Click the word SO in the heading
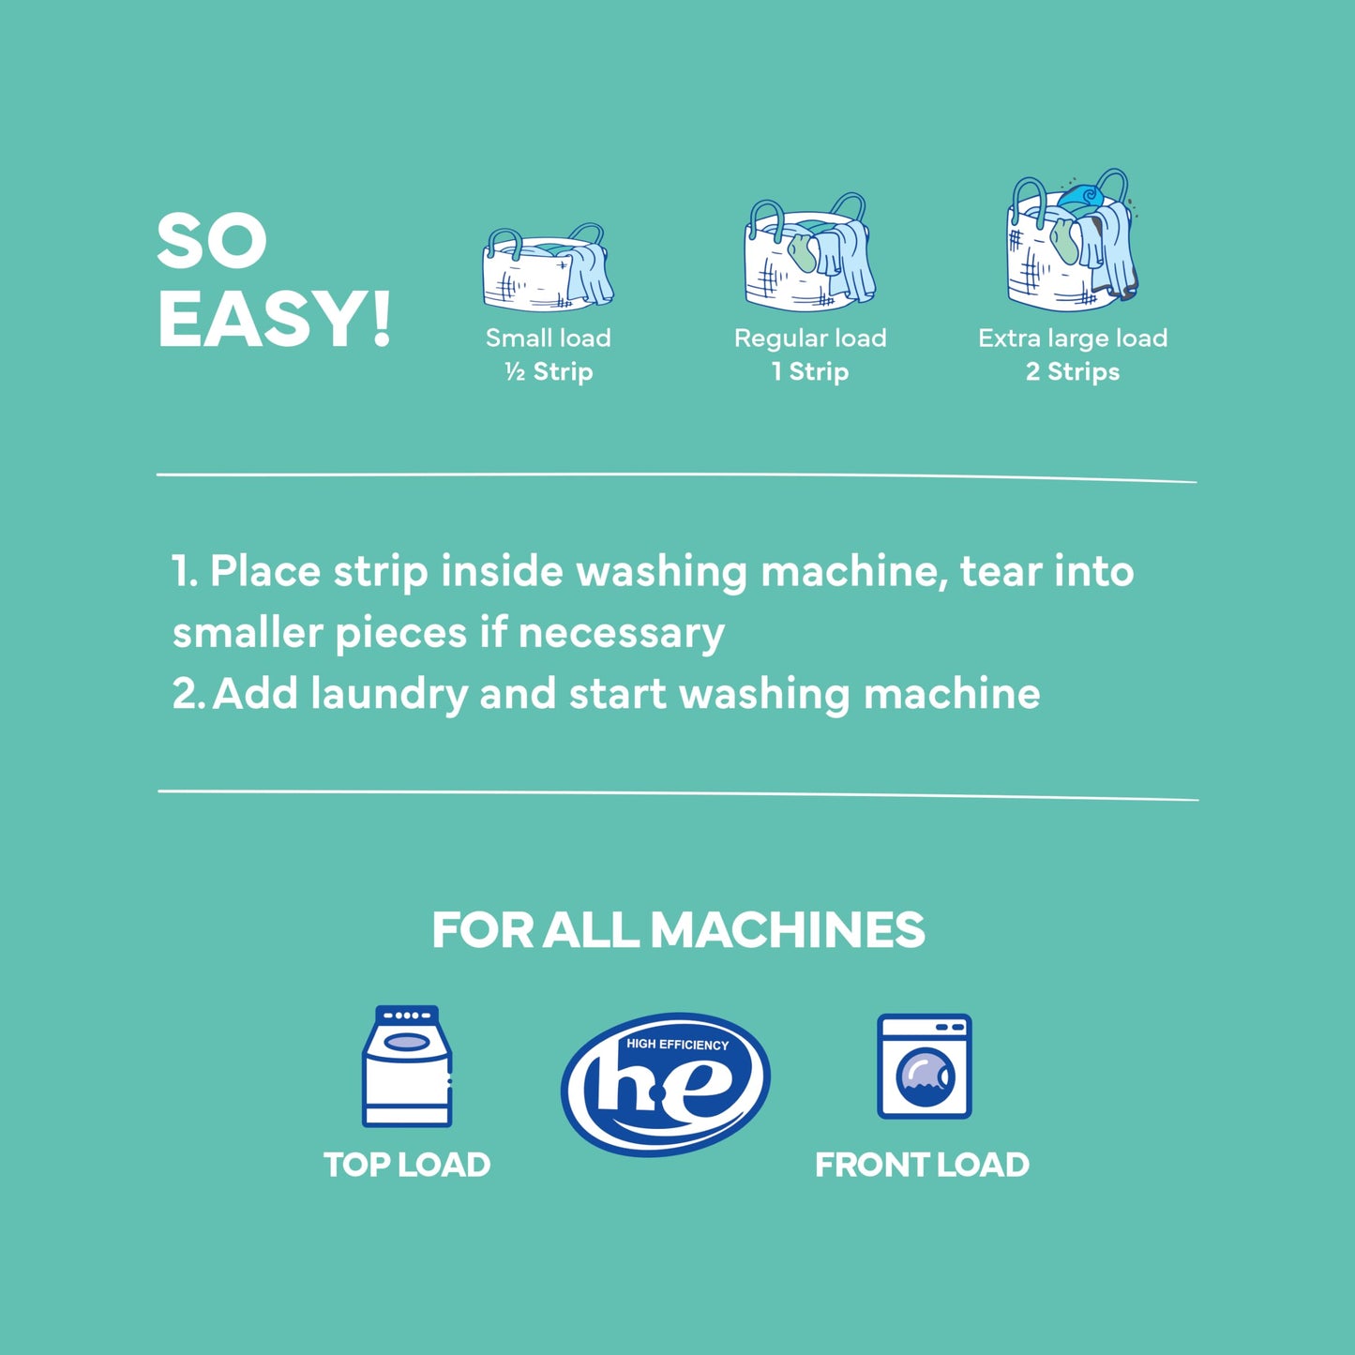point(211,242)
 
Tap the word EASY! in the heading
point(274,320)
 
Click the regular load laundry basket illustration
point(809,253)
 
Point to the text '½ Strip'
point(549,372)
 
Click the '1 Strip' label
point(810,372)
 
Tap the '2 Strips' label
point(1072,372)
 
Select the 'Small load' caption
point(548,338)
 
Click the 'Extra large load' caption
point(1073,338)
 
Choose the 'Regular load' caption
point(810,338)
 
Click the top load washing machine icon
point(407,1066)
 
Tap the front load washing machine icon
point(924,1066)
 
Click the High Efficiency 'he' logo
point(666,1083)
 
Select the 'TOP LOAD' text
point(407,1165)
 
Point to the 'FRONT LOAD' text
point(922,1165)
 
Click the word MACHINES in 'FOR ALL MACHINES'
point(787,930)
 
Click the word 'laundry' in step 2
point(388,695)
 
